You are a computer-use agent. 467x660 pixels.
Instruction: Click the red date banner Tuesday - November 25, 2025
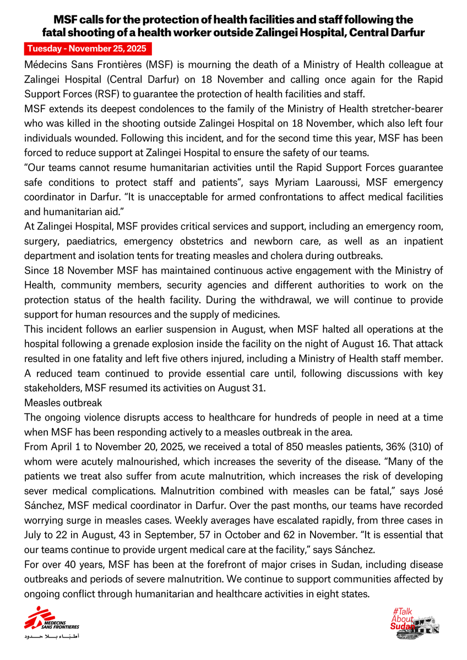(88, 48)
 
